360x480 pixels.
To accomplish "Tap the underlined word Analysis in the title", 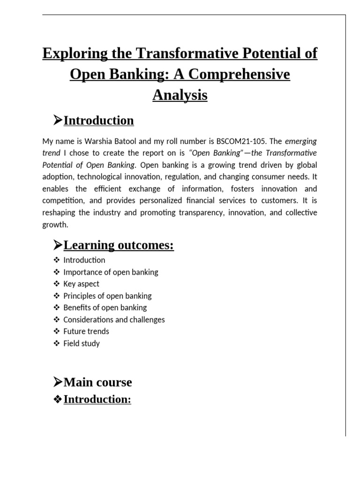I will coord(180,95).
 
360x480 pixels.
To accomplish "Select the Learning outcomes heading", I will coord(119,245).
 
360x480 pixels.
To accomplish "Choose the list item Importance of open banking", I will coord(111,272).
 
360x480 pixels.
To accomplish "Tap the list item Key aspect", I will coord(81,284).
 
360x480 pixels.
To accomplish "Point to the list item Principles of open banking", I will coord(107,296).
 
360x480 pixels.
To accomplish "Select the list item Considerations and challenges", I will coord(114,320).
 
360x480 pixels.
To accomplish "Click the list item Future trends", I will coord(86,331).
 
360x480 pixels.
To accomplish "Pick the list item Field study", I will coord(82,344).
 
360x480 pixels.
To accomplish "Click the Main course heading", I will coord(97,382).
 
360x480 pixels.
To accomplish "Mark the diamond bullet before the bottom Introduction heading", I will coord(58,400).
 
